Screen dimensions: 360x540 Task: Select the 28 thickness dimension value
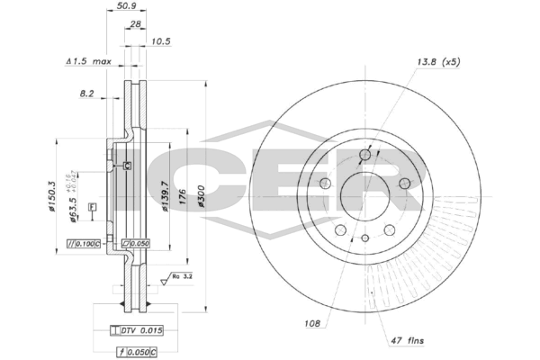(135, 25)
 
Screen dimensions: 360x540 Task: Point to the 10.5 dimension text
(161, 41)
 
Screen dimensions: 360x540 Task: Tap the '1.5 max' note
(88, 62)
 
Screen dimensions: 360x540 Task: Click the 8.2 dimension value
(86, 93)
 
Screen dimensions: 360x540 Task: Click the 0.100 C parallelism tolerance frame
(86, 244)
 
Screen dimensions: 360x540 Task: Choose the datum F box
(92, 208)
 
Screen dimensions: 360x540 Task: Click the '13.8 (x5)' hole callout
(439, 62)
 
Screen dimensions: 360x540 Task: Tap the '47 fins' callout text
(406, 340)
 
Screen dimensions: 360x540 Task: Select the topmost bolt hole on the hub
(364, 156)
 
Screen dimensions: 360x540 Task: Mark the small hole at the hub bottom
(364, 238)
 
